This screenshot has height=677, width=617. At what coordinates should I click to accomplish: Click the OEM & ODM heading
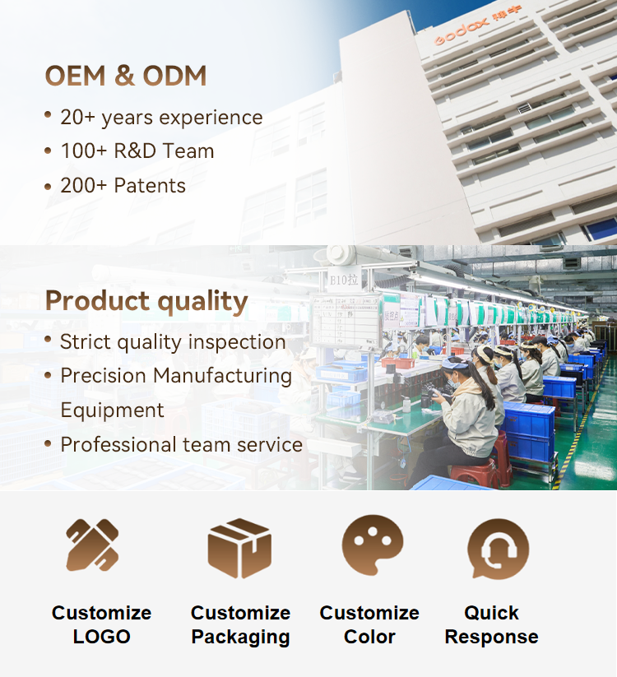tap(126, 76)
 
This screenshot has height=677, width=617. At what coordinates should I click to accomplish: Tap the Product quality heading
tap(146, 301)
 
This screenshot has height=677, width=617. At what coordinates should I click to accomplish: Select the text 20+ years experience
tap(161, 118)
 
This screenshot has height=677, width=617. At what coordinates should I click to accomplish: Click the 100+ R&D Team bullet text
tap(137, 151)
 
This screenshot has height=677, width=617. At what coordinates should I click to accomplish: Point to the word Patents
tap(150, 186)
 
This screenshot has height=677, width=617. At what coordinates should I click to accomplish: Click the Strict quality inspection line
tap(173, 342)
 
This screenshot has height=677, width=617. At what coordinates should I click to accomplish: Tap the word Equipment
tap(112, 410)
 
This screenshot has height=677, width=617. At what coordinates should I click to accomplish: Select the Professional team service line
tap(181, 445)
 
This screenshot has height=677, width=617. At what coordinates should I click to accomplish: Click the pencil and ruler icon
tap(92, 545)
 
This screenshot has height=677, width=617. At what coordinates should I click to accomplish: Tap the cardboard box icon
tap(239, 549)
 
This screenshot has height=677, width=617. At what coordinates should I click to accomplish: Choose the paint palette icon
tap(372, 545)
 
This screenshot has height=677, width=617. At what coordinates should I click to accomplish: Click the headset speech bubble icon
tap(498, 549)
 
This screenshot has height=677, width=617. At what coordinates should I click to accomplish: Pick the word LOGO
tap(101, 637)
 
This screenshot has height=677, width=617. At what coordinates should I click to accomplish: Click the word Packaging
tap(240, 638)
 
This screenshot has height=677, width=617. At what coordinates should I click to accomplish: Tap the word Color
tap(369, 637)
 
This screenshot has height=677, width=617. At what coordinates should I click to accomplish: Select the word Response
tap(491, 638)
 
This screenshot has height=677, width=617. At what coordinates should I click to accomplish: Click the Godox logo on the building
tap(462, 30)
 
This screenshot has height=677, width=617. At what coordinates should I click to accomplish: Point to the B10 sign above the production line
tap(344, 281)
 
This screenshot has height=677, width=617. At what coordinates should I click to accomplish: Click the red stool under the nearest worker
tap(473, 474)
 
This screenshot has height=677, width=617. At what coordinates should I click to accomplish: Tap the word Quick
tap(491, 613)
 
